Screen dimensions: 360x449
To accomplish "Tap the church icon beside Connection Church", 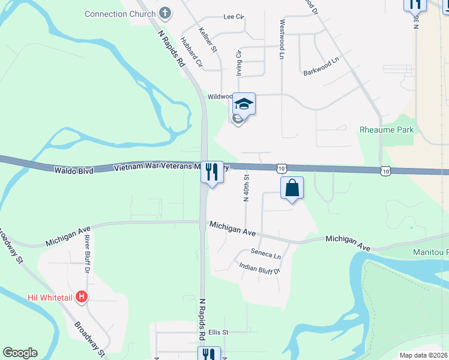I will [166, 13].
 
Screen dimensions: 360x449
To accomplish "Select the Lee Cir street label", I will [234, 17].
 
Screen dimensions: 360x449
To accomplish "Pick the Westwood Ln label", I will [282, 38].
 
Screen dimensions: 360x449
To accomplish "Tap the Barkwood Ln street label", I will [321, 59].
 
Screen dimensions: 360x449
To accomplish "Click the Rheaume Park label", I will [387, 129].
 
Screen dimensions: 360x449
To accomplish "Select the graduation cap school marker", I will [244, 104].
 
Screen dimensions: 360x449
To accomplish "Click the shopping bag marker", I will [292, 188].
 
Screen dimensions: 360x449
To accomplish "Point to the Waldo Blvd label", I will [74, 171].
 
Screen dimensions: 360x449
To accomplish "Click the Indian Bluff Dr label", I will [260, 268].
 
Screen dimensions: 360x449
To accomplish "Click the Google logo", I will [19, 353].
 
